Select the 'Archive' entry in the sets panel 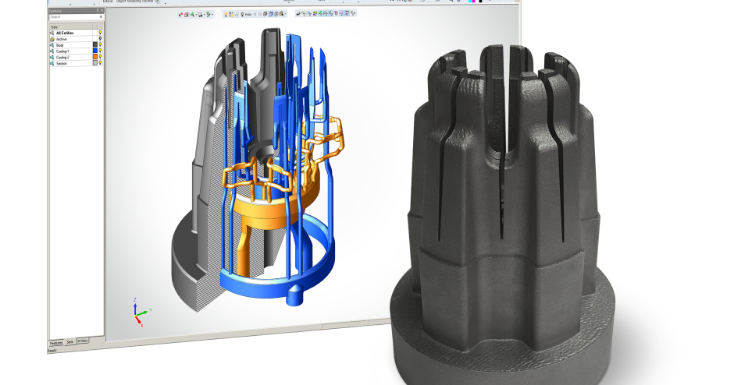tap(62, 39)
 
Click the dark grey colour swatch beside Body tap(94, 45)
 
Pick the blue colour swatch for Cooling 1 tap(94, 51)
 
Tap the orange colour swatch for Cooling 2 tap(94, 58)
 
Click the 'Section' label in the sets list tap(62, 64)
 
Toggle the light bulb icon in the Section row tap(101, 64)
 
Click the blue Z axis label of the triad tap(135, 299)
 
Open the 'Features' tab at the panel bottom tap(56, 343)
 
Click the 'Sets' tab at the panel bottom tap(70, 342)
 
